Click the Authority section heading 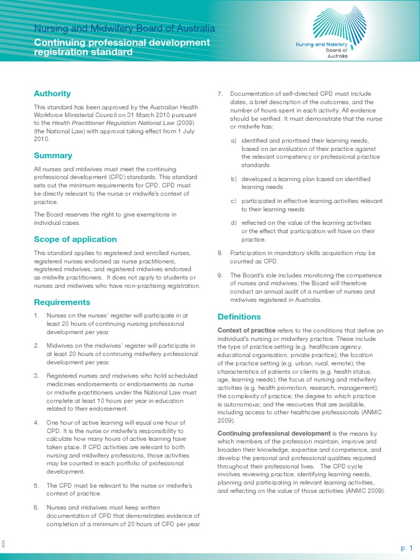click(52, 94)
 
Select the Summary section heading click(53, 155)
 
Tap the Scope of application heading click(75, 239)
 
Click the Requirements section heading click(62, 302)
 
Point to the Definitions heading click(239, 317)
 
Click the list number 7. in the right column click(220, 94)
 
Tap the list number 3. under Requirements click(37, 376)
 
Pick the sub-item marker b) click(234, 179)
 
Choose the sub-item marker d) click(234, 223)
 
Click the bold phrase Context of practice click(246, 330)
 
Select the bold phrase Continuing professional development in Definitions click(274, 433)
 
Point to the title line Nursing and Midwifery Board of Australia click(124, 28)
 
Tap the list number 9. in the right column click(220, 275)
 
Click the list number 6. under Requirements click(37, 507)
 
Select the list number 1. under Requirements click(37, 316)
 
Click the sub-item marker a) click(234, 141)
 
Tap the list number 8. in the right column click(220, 253)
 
